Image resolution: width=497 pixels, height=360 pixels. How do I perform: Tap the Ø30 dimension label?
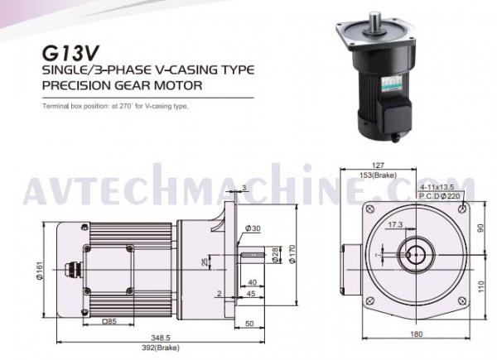point(252,228)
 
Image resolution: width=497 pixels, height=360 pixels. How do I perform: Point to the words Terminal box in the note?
point(64,107)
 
